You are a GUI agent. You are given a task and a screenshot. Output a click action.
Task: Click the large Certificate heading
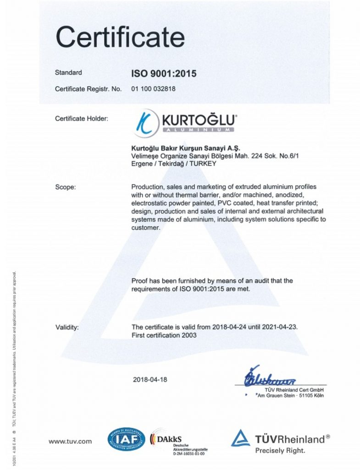click(x=120, y=37)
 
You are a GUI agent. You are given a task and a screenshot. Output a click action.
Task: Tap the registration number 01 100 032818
click(x=153, y=89)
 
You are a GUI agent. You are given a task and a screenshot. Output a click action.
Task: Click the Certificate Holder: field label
click(x=82, y=119)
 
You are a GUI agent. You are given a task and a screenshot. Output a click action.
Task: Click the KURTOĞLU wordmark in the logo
click(x=199, y=121)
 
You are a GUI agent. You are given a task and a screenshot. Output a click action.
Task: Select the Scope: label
click(x=65, y=187)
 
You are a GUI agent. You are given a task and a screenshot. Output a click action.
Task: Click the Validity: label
click(x=67, y=327)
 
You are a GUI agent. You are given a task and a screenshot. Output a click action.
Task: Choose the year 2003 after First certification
click(x=188, y=336)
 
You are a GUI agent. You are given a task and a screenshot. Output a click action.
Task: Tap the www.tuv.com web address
click(x=70, y=442)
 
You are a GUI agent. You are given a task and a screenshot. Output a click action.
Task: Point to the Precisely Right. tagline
click(x=280, y=451)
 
